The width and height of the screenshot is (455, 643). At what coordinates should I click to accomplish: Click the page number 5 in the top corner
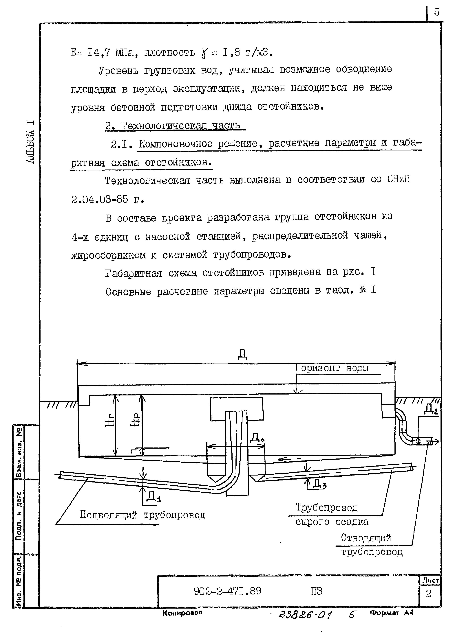436,12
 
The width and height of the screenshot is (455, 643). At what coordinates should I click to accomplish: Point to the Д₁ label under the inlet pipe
153,497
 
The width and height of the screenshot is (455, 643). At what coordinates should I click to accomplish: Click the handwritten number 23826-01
305,615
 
